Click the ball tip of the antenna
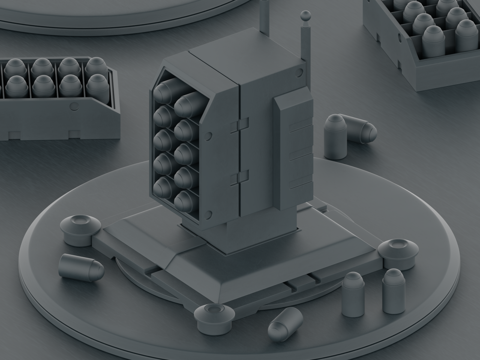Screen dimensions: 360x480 tap(305, 15)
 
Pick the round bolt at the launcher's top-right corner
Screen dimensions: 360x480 tap(300, 72)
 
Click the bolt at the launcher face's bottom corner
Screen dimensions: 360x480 tap(208, 214)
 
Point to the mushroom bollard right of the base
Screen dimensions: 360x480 tap(397, 252)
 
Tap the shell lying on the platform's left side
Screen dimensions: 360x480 tap(81, 265)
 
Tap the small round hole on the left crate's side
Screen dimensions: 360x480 tap(73, 106)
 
